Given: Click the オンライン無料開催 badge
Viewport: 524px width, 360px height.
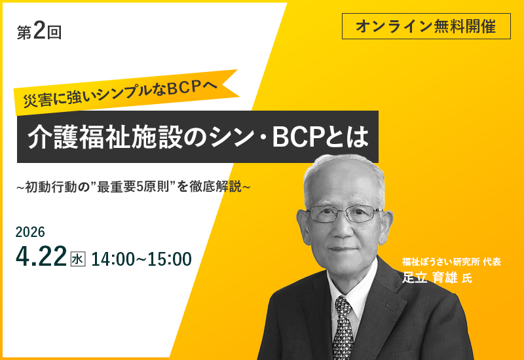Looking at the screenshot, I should pos(426,26).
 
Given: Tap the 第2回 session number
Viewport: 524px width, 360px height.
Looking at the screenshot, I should pos(39,32).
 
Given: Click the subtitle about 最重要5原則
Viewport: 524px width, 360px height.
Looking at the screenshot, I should pos(134,187).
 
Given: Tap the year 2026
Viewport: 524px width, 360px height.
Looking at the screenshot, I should pos(30,232).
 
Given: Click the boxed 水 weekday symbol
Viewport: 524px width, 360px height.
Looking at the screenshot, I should pos(77,259).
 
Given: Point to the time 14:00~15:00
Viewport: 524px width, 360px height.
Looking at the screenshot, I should pos(141,259).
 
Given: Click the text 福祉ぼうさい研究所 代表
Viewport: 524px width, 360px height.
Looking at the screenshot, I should pos(451,262).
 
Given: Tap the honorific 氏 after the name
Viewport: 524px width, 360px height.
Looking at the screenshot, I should pos(466,278).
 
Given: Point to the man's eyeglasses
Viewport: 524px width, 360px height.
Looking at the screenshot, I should pos(344,213).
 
